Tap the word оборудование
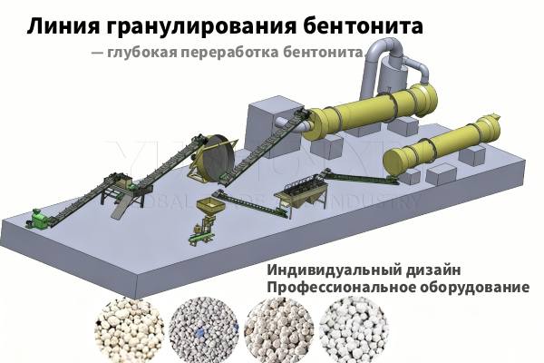pos(476,288)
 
